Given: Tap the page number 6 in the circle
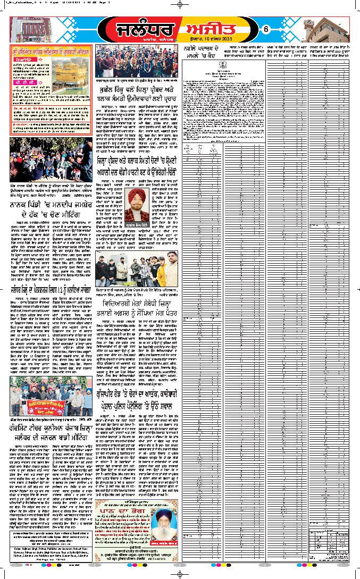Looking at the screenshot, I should [x=265, y=29].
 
